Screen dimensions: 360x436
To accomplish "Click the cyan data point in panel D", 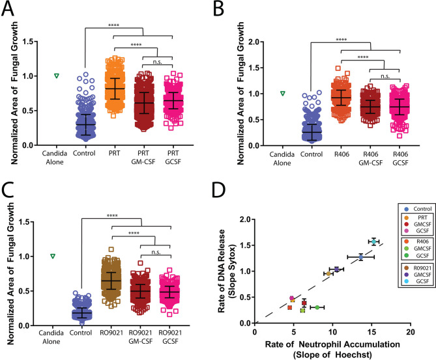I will (373, 241).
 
